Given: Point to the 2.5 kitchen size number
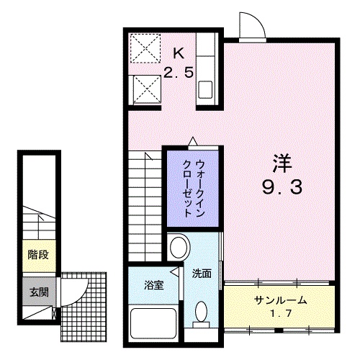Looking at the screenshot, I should [178, 72].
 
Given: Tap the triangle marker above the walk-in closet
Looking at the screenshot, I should [192, 142].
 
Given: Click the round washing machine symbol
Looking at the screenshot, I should [176, 248].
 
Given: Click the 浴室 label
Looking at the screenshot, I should [154, 285].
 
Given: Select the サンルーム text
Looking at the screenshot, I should [280, 300].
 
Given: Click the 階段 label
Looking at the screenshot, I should [38, 254].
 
